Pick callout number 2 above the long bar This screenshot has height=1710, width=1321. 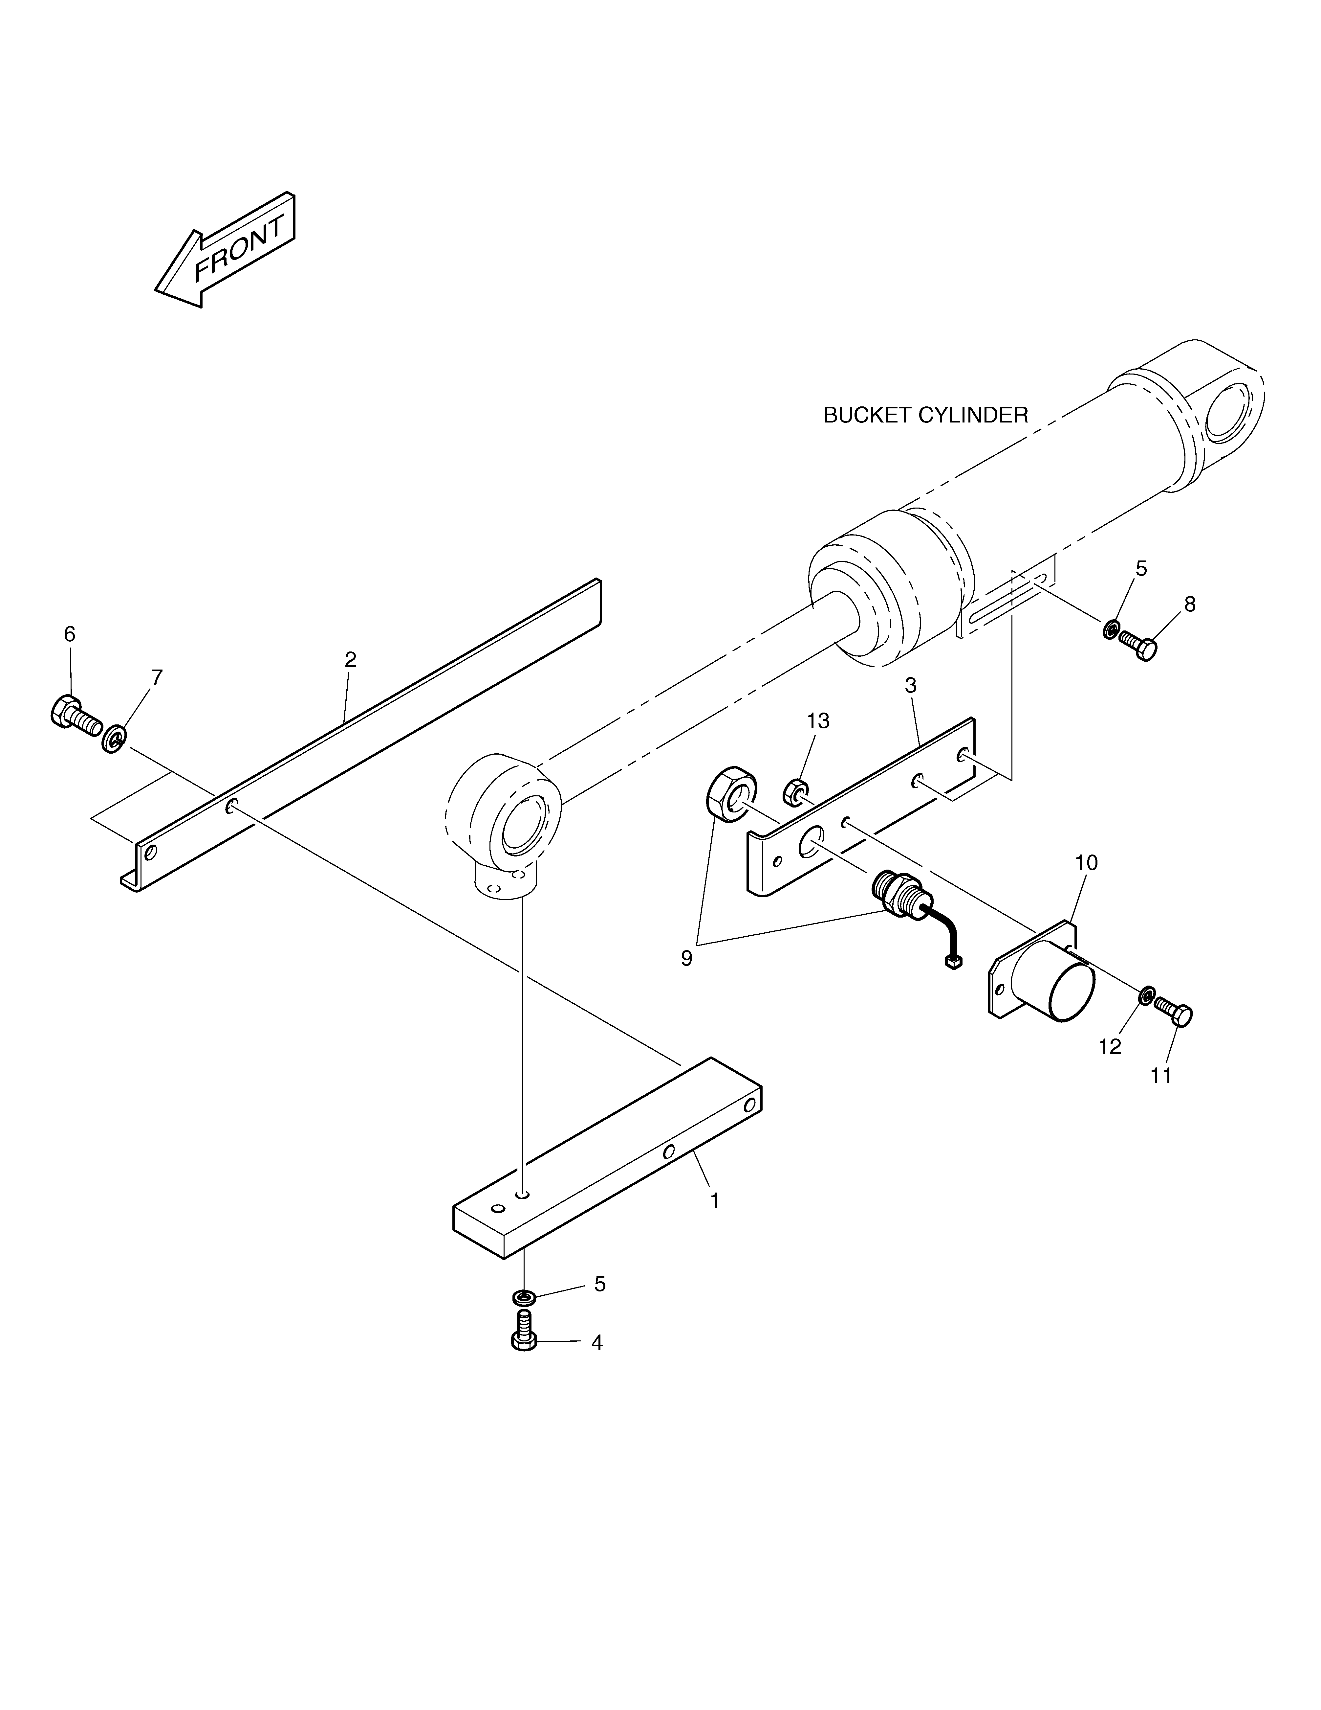pos(351,660)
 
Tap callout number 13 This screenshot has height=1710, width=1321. pos(818,721)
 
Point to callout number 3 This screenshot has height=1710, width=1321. pos(910,685)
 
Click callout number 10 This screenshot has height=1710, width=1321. pos(1086,863)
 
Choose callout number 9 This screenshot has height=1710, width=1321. pos(686,958)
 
